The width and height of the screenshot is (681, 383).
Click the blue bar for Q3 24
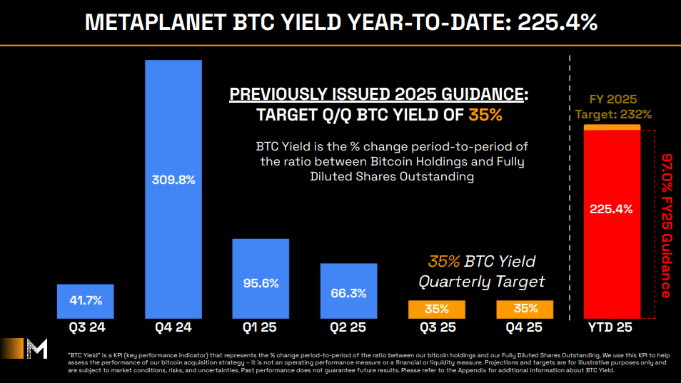(x=85, y=301)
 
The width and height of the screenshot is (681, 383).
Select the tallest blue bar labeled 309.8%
(x=173, y=188)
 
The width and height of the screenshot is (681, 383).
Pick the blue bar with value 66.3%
(x=348, y=290)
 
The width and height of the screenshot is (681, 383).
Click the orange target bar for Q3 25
(x=436, y=309)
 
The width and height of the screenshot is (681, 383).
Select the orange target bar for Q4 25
(x=525, y=309)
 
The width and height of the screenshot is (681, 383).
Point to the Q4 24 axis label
(x=173, y=329)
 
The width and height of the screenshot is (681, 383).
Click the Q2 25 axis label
(x=348, y=329)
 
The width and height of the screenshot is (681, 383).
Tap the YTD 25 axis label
(x=611, y=329)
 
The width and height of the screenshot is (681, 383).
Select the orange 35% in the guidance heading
(x=485, y=114)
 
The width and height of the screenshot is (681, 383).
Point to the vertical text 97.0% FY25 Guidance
(x=666, y=225)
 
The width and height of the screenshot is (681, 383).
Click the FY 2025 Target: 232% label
(x=612, y=106)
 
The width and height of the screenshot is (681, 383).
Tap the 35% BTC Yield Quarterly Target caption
(x=482, y=271)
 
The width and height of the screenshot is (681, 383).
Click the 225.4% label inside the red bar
(x=611, y=209)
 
